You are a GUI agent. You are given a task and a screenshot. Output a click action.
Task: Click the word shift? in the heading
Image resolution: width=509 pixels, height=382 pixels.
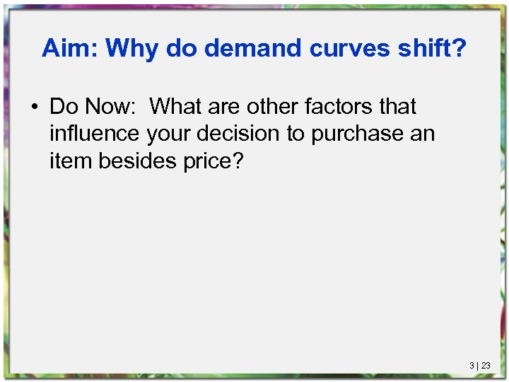pos(432,48)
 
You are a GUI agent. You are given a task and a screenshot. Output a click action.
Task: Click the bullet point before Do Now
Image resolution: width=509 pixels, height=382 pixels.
pos(34,108)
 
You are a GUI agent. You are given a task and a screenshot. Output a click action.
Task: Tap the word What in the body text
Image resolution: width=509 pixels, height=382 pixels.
pos(177,107)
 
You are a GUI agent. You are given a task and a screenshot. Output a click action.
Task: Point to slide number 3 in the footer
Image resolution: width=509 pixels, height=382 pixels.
pos(472,366)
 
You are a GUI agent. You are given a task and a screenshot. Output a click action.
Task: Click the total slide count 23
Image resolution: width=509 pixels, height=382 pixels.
pos(486,366)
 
